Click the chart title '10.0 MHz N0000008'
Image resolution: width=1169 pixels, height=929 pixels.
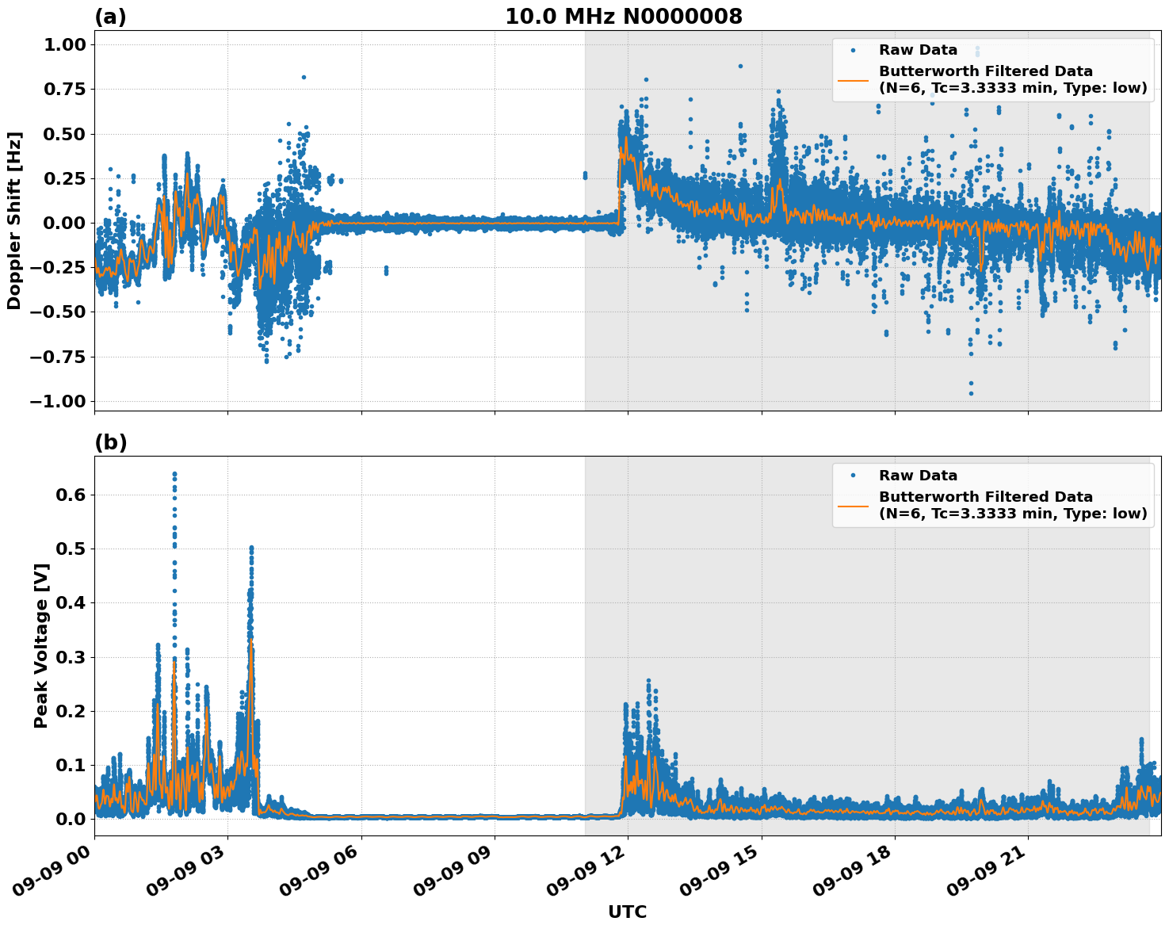624,17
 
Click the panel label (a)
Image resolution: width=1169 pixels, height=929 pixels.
110,17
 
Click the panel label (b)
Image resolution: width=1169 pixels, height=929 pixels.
110,442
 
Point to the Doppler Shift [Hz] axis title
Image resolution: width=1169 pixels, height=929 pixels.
14,220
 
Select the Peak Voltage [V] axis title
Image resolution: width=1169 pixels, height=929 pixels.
41,645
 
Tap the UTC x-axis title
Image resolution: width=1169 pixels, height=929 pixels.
627,912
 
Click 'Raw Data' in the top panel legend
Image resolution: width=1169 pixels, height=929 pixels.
918,50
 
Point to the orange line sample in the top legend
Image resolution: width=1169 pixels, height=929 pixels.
853,79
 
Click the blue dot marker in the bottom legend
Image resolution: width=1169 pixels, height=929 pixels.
853,476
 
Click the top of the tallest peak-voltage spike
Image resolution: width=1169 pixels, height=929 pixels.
174,474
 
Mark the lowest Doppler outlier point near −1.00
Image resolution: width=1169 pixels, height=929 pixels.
971,393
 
